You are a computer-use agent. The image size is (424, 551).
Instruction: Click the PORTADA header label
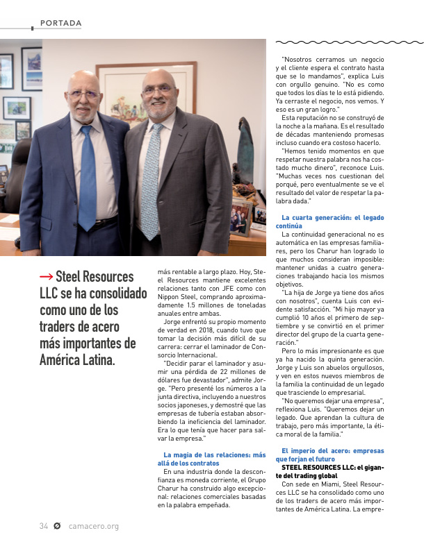(61, 24)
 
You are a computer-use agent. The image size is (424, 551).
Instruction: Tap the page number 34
(43, 526)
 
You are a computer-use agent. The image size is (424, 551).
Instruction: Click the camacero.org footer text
(94, 526)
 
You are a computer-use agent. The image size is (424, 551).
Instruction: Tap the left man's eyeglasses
(83, 94)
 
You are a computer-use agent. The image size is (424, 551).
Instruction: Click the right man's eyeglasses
(157, 89)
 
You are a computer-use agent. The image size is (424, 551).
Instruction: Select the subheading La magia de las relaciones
(209, 459)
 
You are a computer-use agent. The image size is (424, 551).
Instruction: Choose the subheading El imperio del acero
(329, 455)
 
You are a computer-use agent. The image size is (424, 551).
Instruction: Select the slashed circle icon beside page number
(57, 526)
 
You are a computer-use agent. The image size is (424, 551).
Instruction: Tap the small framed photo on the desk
(239, 217)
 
